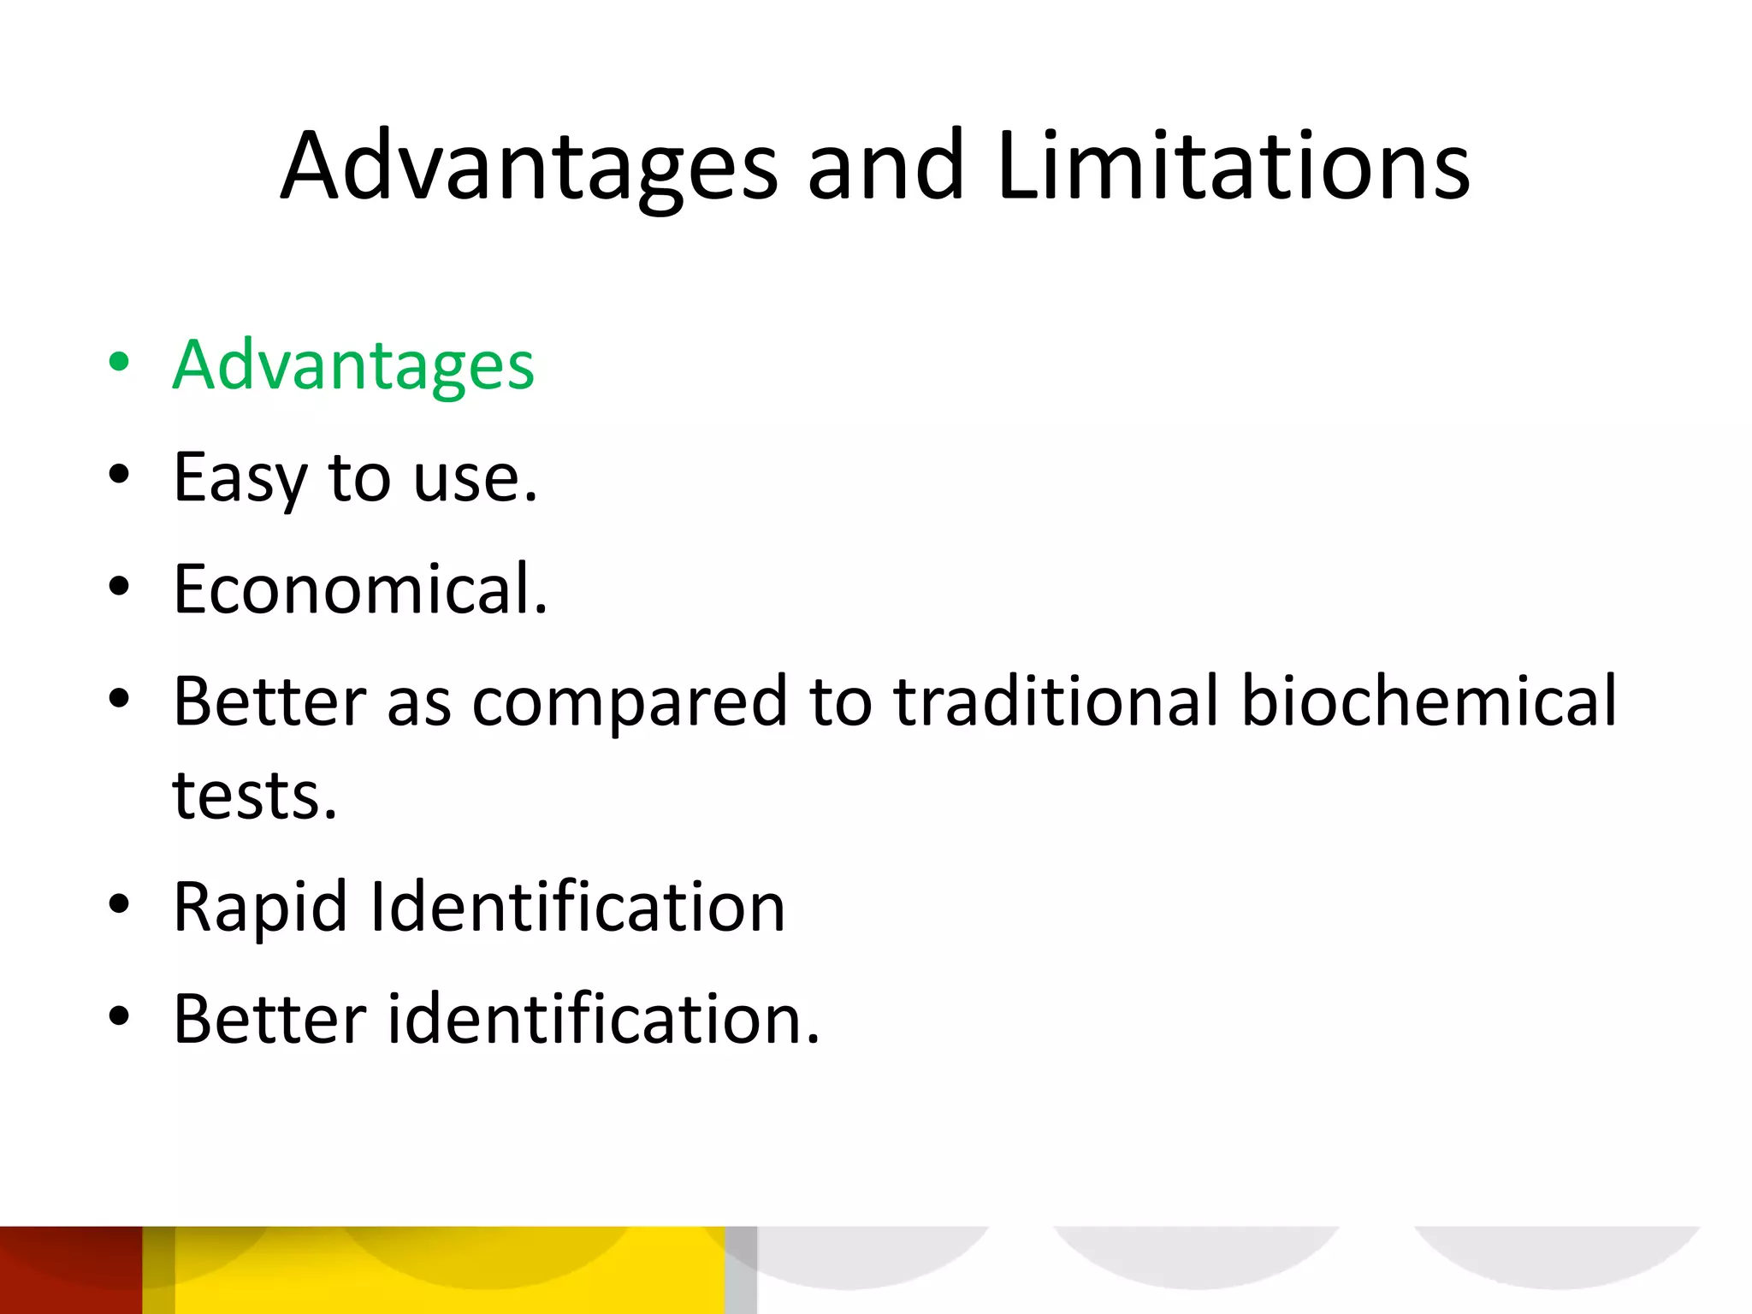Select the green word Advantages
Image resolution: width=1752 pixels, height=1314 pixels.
(x=353, y=366)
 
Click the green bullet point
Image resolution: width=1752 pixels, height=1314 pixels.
(x=119, y=362)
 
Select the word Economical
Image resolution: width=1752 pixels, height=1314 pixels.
(x=360, y=589)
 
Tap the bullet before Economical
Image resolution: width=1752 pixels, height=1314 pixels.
(x=119, y=587)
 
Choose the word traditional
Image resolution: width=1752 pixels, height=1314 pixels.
(x=1057, y=701)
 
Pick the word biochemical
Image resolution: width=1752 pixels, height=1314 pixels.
(x=1429, y=701)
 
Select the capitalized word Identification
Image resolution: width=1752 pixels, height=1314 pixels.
(x=577, y=907)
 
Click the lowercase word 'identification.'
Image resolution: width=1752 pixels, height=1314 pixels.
(x=603, y=1020)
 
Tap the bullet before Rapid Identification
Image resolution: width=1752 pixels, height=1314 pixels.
(x=119, y=903)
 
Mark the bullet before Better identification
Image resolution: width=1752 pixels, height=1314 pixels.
(x=119, y=1015)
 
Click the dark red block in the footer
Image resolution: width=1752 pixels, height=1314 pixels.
(x=70, y=1270)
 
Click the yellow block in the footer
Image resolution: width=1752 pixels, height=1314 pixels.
(x=449, y=1270)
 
